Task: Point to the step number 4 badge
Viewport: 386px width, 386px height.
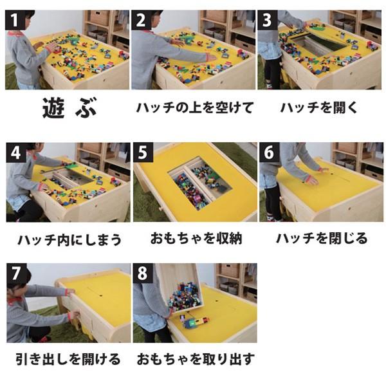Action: (15, 154)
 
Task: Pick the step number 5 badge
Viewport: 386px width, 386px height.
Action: (142, 154)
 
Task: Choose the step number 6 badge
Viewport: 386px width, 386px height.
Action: (268, 154)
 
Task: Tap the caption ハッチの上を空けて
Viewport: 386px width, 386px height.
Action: (195, 107)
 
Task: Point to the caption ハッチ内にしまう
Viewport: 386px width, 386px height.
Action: (69, 241)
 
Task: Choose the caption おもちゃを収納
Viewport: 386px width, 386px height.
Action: (196, 239)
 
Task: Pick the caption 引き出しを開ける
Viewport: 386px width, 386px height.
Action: (68, 358)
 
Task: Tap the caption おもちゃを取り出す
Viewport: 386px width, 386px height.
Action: (196, 358)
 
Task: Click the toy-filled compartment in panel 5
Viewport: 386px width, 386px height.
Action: (199, 183)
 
